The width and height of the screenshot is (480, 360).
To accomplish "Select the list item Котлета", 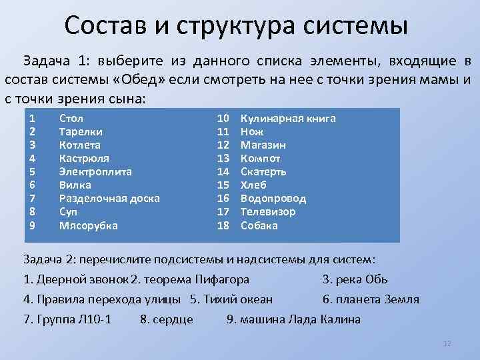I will point(80,145).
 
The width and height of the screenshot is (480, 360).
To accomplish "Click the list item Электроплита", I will point(95,171).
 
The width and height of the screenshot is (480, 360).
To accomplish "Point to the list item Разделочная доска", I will point(109,198).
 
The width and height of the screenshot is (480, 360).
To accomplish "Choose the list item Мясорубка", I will point(89,225).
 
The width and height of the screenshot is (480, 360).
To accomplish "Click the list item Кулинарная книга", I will point(287,118).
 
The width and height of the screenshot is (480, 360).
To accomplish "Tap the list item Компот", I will point(260,158).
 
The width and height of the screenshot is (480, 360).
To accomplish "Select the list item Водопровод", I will point(273,198).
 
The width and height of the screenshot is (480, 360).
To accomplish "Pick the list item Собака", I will point(259,225).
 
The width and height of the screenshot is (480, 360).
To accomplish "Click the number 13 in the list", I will point(223,158).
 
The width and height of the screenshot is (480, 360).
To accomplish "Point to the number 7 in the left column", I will point(33,198).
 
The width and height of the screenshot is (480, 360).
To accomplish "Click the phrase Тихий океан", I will point(248,299).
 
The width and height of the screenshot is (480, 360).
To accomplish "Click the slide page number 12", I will point(447,343).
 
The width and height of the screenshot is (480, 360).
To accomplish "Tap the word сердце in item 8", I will point(173,319).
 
